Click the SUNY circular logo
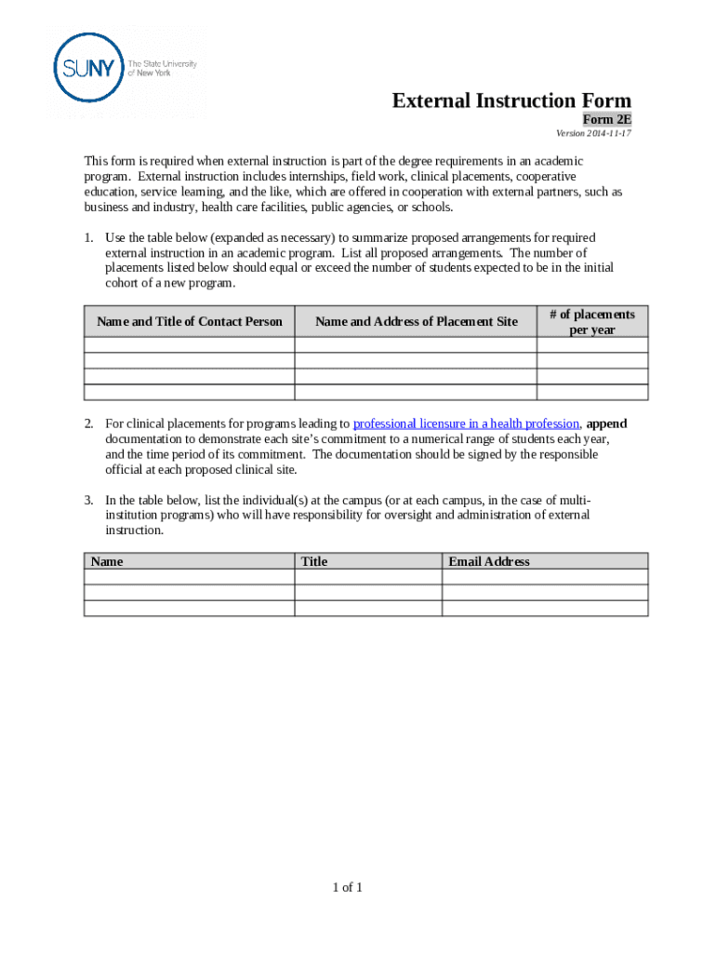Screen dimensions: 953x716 pyautogui.click(x=89, y=67)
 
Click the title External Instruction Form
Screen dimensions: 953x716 pyautogui.click(x=511, y=101)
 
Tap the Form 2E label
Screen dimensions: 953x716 pyautogui.click(x=607, y=119)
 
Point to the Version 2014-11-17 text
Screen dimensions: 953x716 pyautogui.click(x=593, y=133)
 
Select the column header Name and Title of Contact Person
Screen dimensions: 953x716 pyautogui.click(x=190, y=322)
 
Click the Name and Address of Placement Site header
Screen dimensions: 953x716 pyautogui.click(x=416, y=322)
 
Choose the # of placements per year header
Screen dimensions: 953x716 pyautogui.click(x=591, y=322)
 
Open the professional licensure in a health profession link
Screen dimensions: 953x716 pyautogui.click(x=466, y=424)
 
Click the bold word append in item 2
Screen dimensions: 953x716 pyautogui.click(x=607, y=424)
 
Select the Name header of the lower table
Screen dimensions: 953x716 pyautogui.click(x=107, y=561)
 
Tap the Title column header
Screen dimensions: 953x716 pyautogui.click(x=314, y=561)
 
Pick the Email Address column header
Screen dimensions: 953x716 pyautogui.click(x=489, y=561)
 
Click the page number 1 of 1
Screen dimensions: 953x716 pyautogui.click(x=348, y=887)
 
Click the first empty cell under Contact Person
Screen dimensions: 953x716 pyautogui.click(x=190, y=344)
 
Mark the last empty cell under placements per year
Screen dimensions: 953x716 pyautogui.click(x=591, y=392)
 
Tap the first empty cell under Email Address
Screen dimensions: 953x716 pyautogui.click(x=544, y=577)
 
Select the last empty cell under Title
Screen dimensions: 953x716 pyautogui.click(x=368, y=608)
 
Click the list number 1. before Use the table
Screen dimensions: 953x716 pyautogui.click(x=89, y=238)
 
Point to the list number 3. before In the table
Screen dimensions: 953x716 pyautogui.click(x=89, y=500)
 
